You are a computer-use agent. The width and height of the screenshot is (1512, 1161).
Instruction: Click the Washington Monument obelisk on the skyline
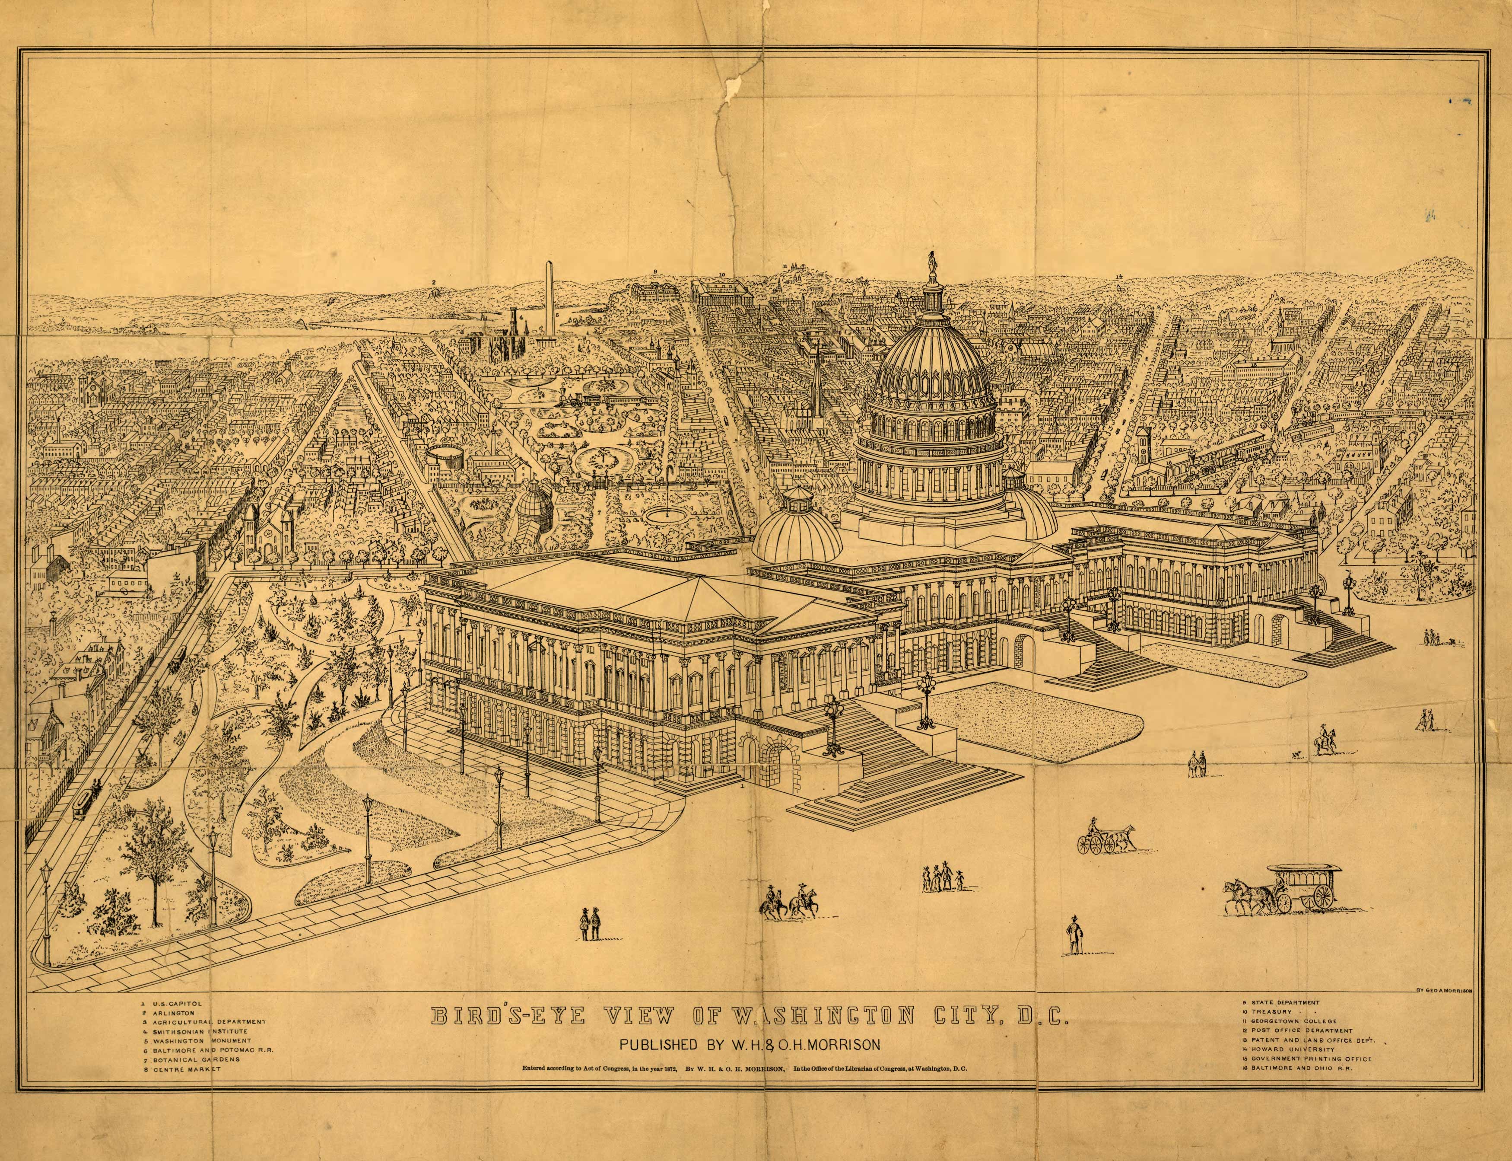(549, 304)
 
